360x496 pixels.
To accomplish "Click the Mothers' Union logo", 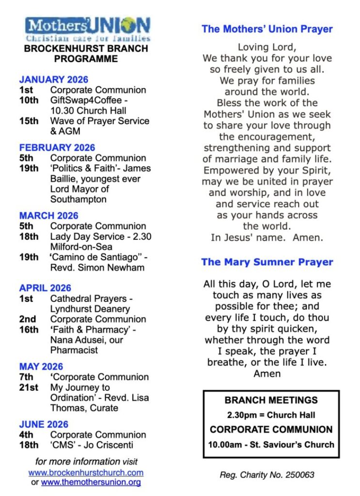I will pyautogui.click(x=88, y=29).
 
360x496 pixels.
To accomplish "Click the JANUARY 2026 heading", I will pyautogui.click(x=54, y=80).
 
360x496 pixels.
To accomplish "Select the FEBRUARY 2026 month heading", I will pyautogui.click(x=57, y=148).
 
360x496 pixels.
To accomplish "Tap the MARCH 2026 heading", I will pyautogui.click(x=48, y=216).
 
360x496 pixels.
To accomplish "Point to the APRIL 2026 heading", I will pyautogui.click(x=45, y=288).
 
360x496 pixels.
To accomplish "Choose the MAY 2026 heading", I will pyautogui.click(x=41, y=366).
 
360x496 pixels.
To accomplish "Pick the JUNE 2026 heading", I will pyautogui.click(x=44, y=424).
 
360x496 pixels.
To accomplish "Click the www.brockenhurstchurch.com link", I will pyautogui.click(x=86, y=472).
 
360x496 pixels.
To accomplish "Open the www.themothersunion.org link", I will pyautogui.click(x=91, y=482).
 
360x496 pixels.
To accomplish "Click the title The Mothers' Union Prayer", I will pyautogui.click(x=267, y=29).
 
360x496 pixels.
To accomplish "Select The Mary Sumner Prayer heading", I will pyautogui.click(x=267, y=262).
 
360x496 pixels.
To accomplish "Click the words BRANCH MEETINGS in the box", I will pyautogui.click(x=271, y=400).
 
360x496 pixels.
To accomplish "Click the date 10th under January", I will pyautogui.click(x=29, y=100).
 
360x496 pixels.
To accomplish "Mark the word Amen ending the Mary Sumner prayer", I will pyautogui.click(x=267, y=373).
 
